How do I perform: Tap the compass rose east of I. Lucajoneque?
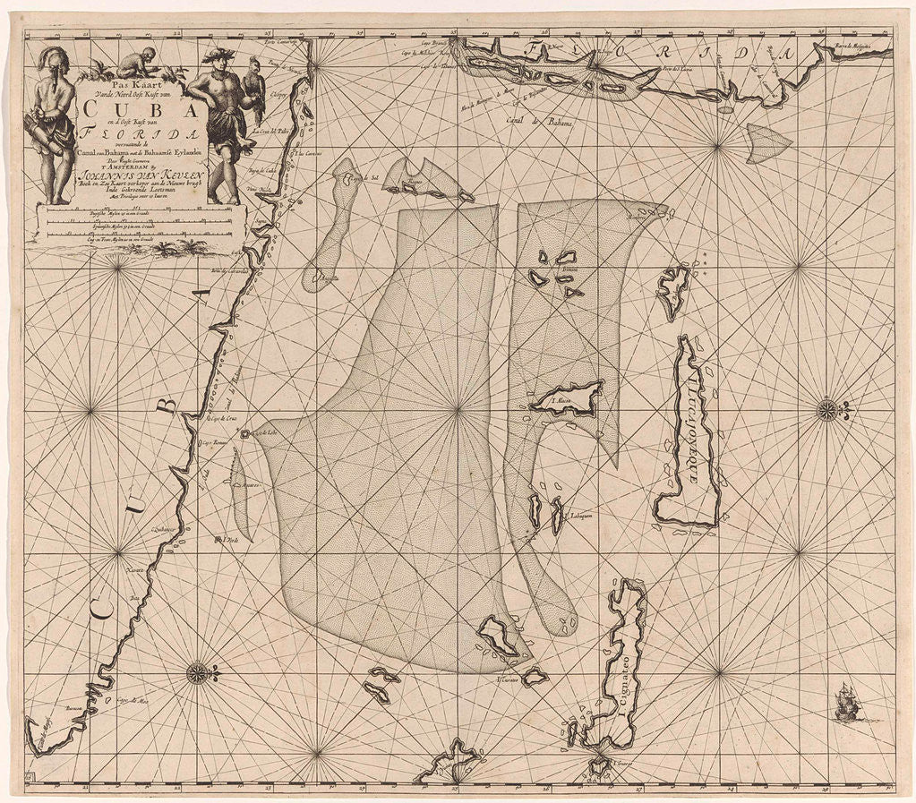(828, 411)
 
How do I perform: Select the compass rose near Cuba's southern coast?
(198, 672)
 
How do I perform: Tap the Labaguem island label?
(571, 516)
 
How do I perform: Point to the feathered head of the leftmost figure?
(55, 58)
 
